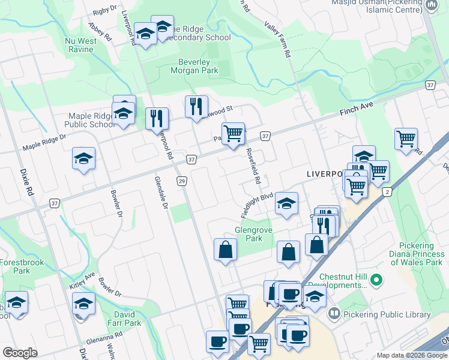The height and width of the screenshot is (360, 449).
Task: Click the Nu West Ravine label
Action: click(79, 45)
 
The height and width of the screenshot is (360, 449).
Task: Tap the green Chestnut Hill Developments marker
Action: click(376, 280)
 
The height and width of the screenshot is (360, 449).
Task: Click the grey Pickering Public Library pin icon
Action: click(334, 314)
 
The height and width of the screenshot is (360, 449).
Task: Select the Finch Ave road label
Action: click(357, 109)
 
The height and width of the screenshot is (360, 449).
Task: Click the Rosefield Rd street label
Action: click(253, 166)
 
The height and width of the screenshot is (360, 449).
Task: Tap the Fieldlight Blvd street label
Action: click(257, 205)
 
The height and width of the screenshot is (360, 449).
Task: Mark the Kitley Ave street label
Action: click(82, 281)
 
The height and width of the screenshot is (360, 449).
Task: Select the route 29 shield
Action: click(181, 181)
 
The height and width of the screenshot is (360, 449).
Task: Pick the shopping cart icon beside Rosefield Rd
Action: click(233, 133)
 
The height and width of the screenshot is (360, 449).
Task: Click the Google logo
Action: click(20, 353)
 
